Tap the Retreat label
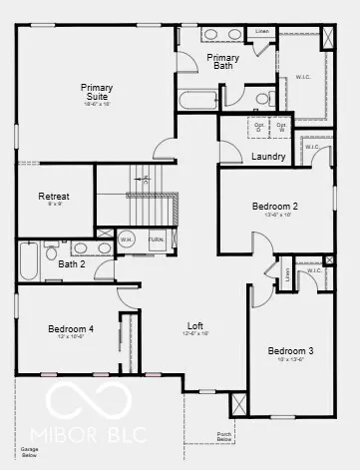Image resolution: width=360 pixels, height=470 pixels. coord(54,197)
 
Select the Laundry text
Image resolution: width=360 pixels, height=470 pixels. coord(269,157)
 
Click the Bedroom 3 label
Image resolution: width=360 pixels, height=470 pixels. coord(290,351)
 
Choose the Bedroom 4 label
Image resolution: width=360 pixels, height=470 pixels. coord(71,329)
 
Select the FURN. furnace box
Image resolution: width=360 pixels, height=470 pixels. coord(157,240)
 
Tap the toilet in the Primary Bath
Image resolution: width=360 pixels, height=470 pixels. coord(262,99)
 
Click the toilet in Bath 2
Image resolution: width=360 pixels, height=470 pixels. coord(52,251)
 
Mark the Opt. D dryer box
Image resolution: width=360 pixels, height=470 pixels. coord(256,126)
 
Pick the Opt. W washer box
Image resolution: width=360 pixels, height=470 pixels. coord(282,126)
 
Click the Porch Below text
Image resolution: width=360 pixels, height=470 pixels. coord(225,435)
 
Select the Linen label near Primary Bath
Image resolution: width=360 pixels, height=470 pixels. coord(261,32)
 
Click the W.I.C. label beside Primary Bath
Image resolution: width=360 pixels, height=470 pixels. coord(303,77)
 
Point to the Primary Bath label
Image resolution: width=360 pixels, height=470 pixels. coord(223,62)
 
